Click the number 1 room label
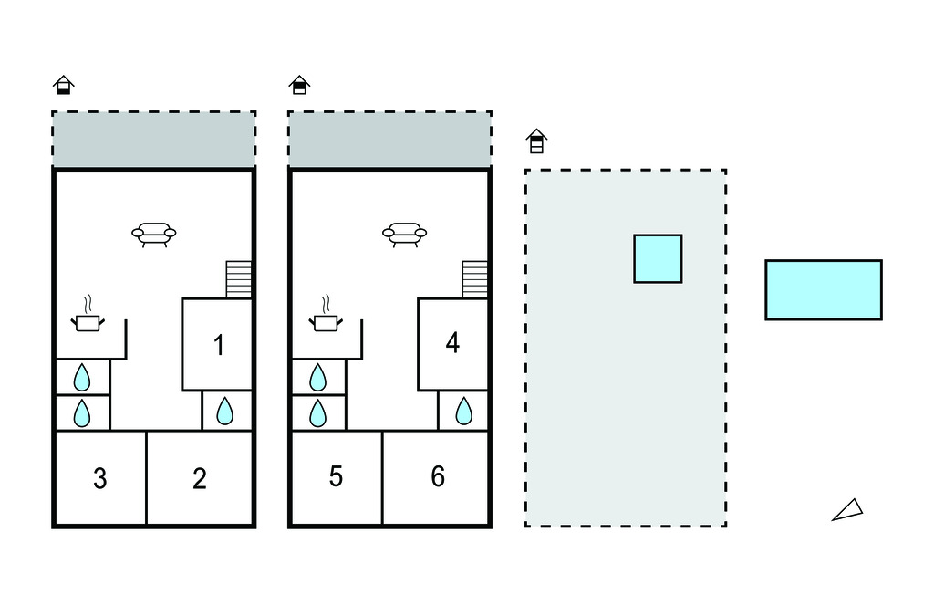tap(218, 345)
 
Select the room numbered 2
tap(200, 478)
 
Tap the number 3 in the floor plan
tap(100, 478)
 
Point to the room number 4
tap(452, 343)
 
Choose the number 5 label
tap(336, 476)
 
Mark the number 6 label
tap(438, 476)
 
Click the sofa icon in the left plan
tap(153, 235)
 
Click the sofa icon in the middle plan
tap(403, 235)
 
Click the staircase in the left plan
tap(239, 279)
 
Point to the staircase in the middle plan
tap(475, 279)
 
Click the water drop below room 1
tap(224, 412)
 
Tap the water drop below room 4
tap(463, 412)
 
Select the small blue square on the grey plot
tap(658, 258)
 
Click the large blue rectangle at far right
tap(823, 289)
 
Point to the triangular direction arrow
tap(848, 510)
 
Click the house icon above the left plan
tap(63, 85)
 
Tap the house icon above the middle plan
tap(299, 85)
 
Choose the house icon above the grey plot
tap(536, 141)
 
